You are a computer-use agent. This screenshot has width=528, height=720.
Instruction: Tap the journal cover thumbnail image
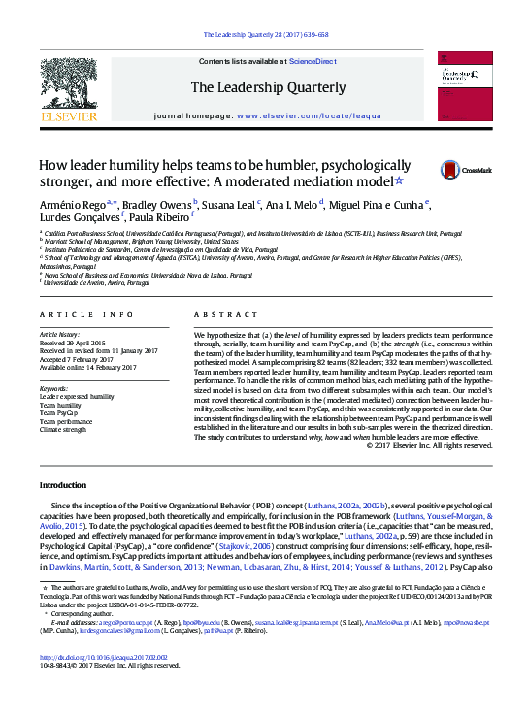(x=463, y=87)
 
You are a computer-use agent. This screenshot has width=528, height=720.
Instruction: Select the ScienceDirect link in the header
(x=313, y=61)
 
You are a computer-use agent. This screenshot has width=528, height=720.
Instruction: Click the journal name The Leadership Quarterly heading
(x=268, y=87)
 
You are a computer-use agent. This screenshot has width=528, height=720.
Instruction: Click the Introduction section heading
(x=63, y=484)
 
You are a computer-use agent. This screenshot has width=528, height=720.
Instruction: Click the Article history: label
(x=60, y=333)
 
